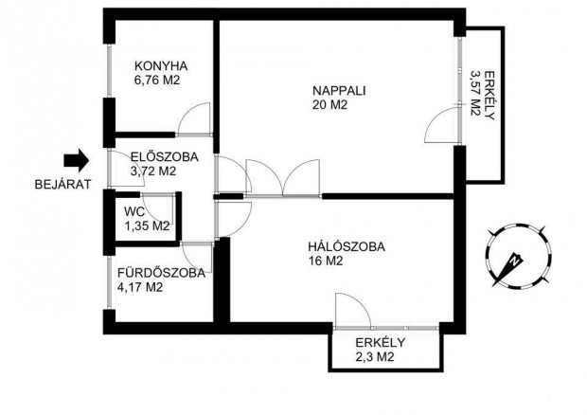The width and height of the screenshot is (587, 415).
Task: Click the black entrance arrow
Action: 77,160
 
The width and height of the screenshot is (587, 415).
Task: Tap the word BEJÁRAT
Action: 62,184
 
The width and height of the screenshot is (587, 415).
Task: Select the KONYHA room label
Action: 161,66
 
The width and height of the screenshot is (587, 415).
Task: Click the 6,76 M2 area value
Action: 157,81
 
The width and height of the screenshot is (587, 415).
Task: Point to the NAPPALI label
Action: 339,91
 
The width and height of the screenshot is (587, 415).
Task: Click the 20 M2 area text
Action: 329,105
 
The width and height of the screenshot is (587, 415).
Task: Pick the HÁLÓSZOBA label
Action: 347,247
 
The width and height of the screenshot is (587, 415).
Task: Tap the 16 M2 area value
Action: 326,261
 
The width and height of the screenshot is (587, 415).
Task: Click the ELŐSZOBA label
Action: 165,157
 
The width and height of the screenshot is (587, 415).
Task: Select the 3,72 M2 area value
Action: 153,171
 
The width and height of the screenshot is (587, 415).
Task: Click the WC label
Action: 134,212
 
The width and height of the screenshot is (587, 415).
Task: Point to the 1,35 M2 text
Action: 147,226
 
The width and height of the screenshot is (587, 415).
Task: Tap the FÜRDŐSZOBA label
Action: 161,273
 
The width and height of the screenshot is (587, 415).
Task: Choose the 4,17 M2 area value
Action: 140,287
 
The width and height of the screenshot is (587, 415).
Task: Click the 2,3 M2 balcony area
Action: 375,357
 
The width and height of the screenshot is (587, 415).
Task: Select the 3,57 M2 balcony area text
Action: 475,93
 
